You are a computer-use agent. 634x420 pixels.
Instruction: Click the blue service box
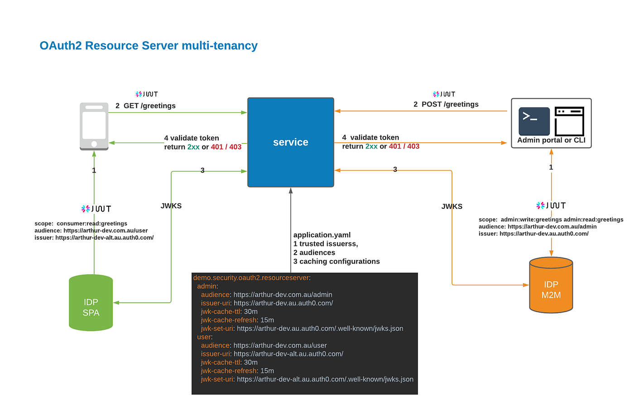290,142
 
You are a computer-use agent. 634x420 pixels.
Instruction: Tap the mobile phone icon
94,126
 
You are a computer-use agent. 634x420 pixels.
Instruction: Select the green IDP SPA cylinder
91,303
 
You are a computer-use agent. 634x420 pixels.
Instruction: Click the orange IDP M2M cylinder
551,285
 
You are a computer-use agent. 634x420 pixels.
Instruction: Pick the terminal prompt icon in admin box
534,121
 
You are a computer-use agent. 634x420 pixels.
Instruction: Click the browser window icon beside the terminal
569,121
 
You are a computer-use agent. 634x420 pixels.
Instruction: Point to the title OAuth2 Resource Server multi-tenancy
149,46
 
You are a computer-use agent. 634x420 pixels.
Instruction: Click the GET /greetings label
145,106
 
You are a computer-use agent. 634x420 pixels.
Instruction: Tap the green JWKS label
171,206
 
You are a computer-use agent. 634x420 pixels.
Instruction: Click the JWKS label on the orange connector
451,207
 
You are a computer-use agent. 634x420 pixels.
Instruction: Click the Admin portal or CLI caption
551,140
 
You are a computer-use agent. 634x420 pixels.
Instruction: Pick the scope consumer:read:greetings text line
81,223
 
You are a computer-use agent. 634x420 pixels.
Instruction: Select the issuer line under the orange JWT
533,234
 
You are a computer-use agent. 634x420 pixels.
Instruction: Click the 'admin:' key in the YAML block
207,286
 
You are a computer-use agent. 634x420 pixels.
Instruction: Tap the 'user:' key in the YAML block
205,337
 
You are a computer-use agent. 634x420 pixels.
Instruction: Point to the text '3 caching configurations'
336,261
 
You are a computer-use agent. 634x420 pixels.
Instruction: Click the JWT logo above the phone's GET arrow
147,94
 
